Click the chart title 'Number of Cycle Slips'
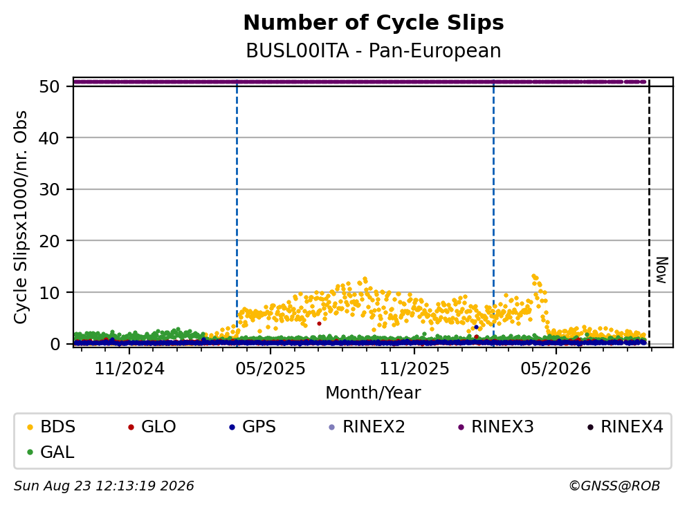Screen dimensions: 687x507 pos(374,23)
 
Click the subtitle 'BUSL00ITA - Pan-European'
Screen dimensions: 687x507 pos(374,50)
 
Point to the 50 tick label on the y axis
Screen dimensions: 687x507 pos(49,86)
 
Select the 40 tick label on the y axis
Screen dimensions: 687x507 pos(49,138)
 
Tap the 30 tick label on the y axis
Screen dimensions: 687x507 pos(49,189)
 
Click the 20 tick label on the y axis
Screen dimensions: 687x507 pos(49,241)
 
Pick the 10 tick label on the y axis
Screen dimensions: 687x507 pos(49,293)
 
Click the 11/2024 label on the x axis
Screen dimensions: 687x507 pos(129,369)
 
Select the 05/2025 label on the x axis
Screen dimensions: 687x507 pos(271,369)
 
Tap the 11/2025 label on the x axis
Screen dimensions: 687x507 pos(414,369)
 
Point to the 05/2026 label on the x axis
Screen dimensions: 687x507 pos(556,369)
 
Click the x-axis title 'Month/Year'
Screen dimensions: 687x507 pos(373,393)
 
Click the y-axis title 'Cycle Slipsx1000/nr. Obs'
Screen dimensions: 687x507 pos(21,218)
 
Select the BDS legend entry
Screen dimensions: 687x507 pos(51,426)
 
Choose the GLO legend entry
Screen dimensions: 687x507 pos(152,426)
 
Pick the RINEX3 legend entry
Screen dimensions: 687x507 pos(496,426)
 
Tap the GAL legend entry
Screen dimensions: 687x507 pos(51,452)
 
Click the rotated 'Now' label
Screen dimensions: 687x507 pos(661,270)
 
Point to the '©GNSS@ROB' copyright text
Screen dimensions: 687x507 pos(614,486)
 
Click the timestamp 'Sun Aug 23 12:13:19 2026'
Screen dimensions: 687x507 pos(104,486)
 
